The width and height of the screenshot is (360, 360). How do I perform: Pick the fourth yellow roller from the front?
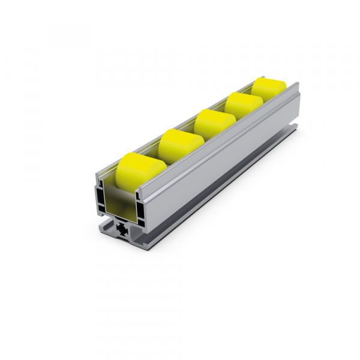pos(243,104)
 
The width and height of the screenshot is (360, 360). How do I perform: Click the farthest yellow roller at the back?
pos(266,89)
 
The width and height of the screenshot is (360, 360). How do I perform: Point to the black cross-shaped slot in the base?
pos(122,230)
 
